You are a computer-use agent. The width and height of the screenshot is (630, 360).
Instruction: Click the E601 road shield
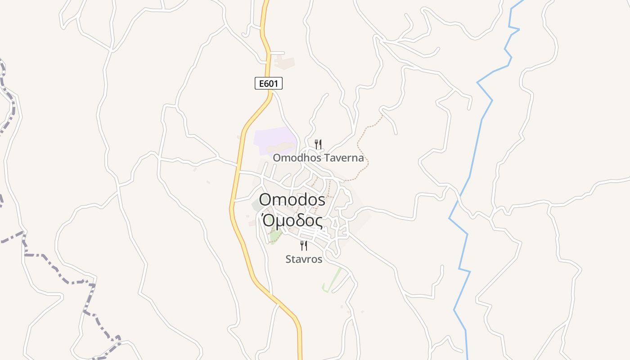tap(269, 83)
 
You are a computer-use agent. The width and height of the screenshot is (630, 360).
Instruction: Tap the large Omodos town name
tap(292, 199)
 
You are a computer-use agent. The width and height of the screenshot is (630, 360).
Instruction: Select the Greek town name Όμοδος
tap(292, 221)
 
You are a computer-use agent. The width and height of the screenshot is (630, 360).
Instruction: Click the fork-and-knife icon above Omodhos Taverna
tap(318, 144)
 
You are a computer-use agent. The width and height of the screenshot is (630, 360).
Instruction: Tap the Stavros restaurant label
tap(304, 259)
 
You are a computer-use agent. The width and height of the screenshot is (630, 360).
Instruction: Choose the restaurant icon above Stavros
tap(304, 246)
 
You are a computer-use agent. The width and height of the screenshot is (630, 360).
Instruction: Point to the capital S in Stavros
tap(288, 259)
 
